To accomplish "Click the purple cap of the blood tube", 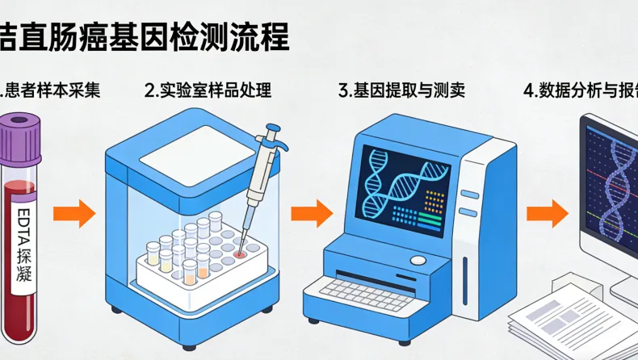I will coord(19,134).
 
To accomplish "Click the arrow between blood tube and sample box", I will coord(73,213).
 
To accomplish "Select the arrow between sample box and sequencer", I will coord(311,213).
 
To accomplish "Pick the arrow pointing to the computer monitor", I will coord(548,213).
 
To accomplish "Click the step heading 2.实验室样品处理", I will coord(208,90).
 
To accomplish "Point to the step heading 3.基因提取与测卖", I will coord(401,90).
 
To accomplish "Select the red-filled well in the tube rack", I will coord(240,253).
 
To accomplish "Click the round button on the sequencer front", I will coord(418,261).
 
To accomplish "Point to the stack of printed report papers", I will coord(565,319).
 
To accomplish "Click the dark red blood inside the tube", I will coord(21,307).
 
